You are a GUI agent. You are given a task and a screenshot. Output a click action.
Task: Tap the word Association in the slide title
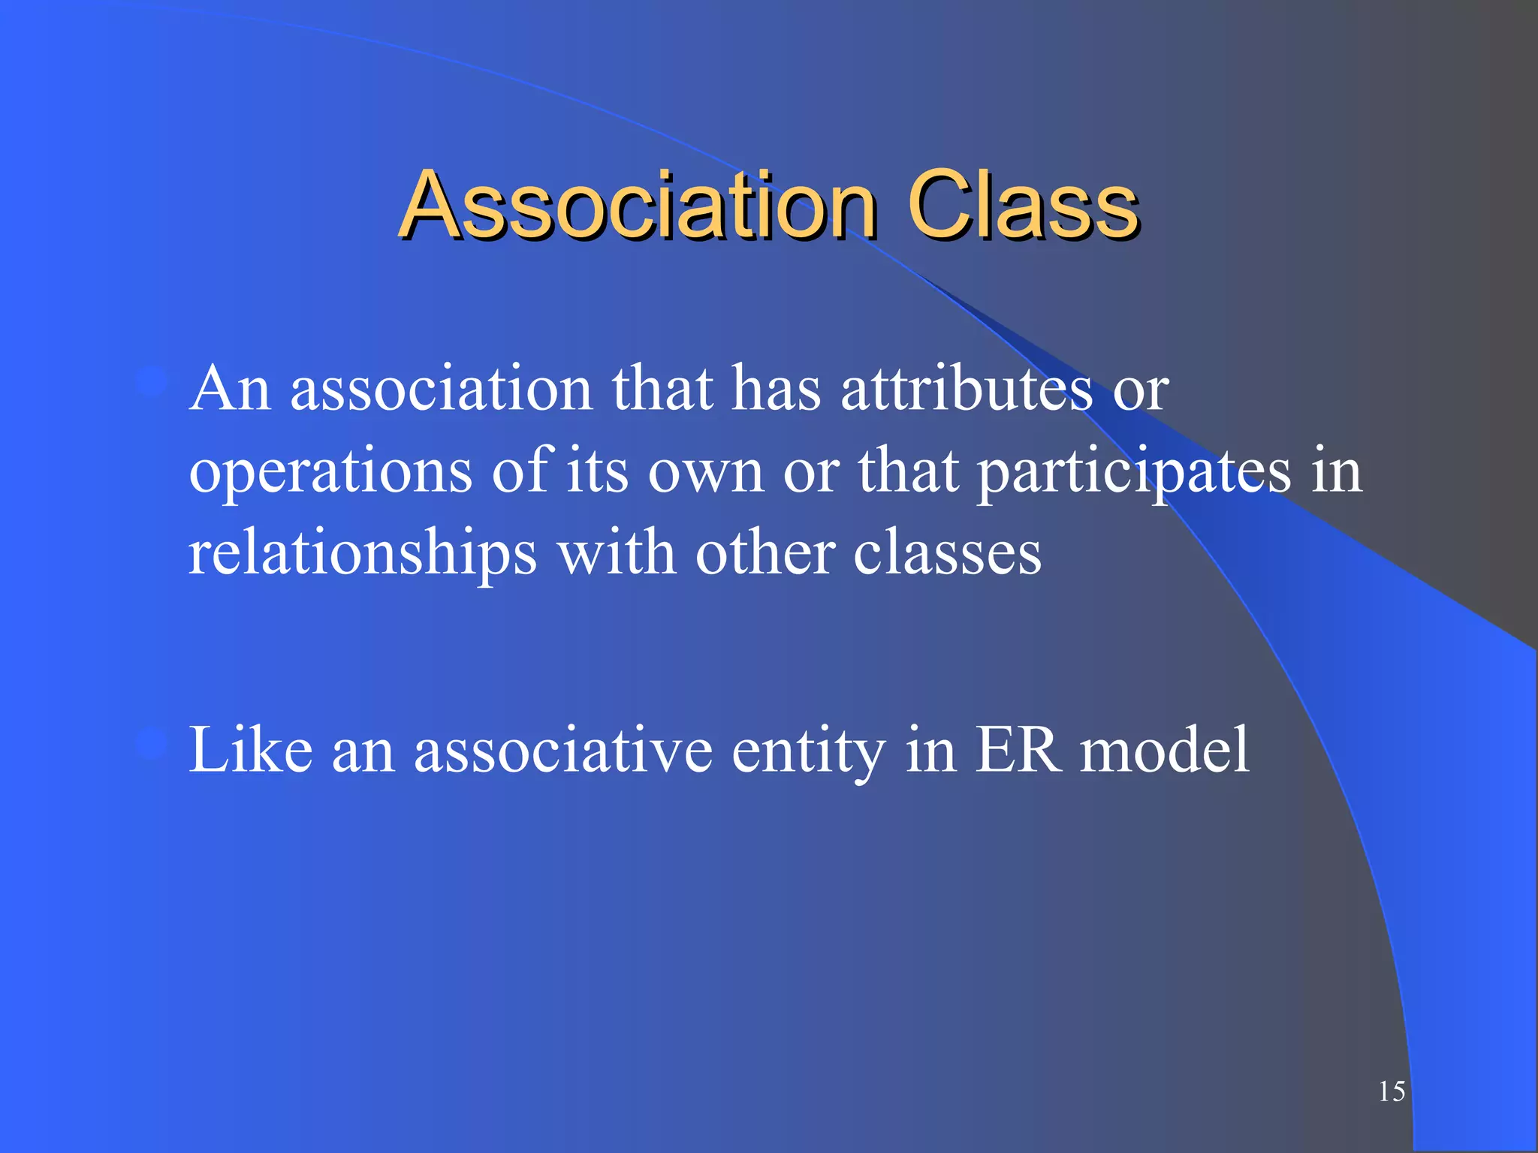(x=638, y=204)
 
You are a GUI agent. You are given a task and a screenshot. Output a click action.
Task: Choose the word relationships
(x=363, y=554)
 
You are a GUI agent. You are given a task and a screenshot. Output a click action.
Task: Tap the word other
(x=764, y=554)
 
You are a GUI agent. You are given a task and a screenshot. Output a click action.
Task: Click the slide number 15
(x=1392, y=1091)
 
